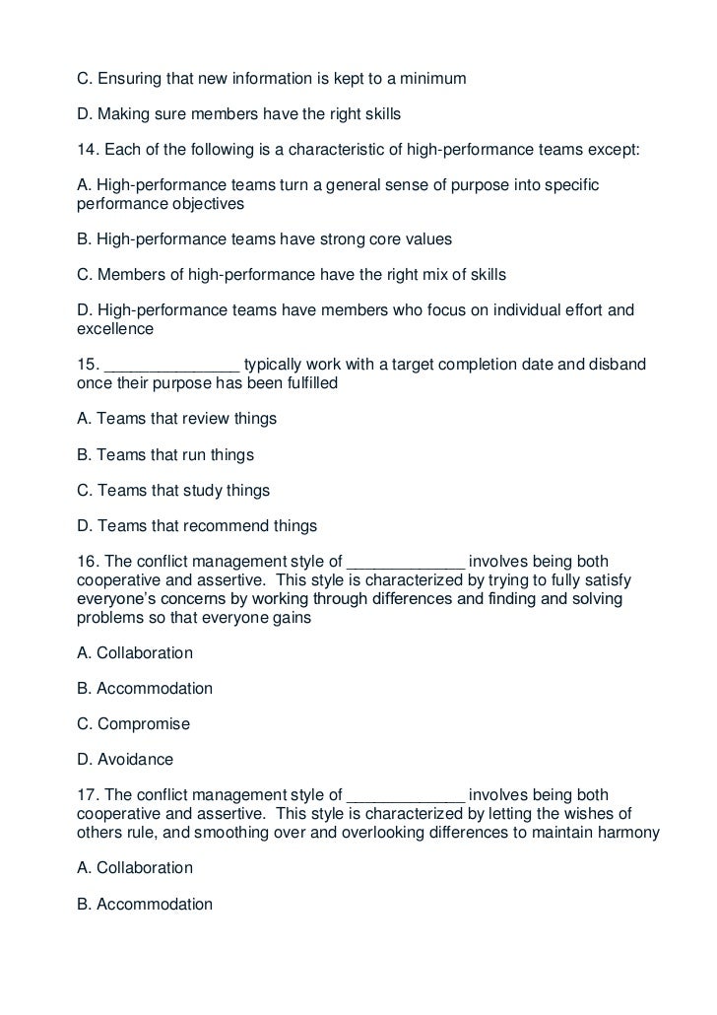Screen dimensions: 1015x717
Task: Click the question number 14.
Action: (x=86, y=150)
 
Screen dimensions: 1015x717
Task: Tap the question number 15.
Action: (x=86, y=365)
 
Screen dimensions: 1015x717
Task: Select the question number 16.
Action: (x=86, y=562)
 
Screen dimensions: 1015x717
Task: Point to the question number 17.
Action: (x=86, y=795)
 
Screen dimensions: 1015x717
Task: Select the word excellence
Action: (x=112, y=329)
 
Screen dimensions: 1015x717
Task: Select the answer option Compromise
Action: (x=142, y=724)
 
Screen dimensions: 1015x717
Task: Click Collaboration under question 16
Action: (x=144, y=653)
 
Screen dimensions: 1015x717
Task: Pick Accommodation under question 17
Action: (x=154, y=904)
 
